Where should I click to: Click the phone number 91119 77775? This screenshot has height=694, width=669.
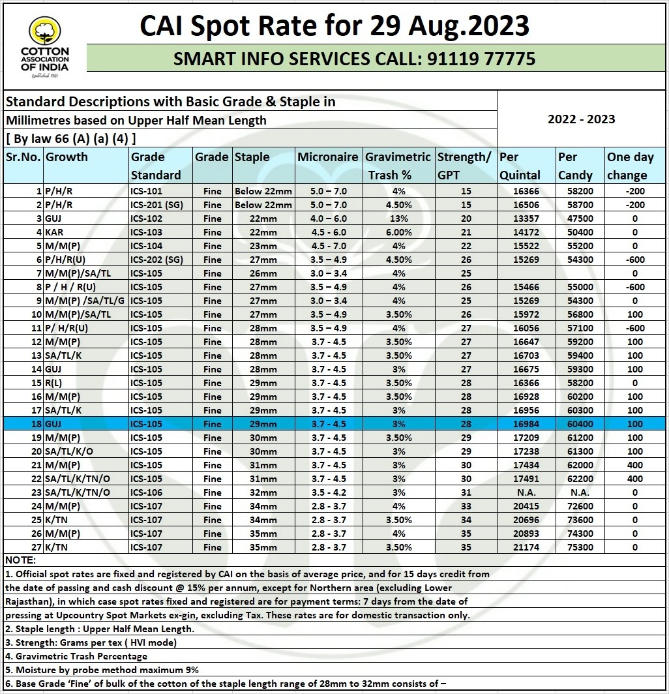tap(481, 59)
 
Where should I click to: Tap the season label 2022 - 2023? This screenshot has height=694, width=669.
tap(581, 119)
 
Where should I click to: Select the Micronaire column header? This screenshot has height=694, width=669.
tap(328, 157)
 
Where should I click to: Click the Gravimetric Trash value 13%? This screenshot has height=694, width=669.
tap(399, 219)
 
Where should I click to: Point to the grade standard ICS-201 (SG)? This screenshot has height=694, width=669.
tap(156, 205)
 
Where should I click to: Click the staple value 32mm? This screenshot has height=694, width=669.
tap(264, 492)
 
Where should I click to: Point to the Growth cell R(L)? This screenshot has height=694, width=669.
tap(54, 383)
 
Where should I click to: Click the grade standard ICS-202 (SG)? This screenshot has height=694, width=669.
tap(156, 260)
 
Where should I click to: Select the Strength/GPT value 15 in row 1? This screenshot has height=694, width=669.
tap(466, 191)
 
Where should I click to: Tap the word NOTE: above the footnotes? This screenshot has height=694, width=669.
tap(21, 560)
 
